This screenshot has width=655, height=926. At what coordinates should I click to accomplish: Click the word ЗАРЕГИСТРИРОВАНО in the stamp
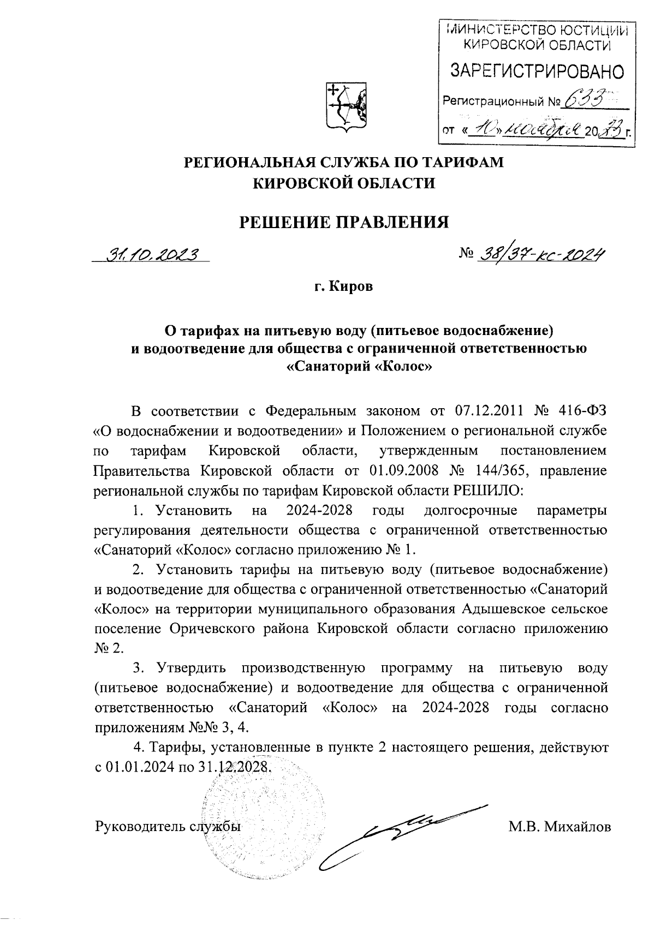point(537,71)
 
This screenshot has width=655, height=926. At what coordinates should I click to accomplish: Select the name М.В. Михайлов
point(559,827)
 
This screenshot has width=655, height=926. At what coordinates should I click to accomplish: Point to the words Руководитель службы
point(168,827)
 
